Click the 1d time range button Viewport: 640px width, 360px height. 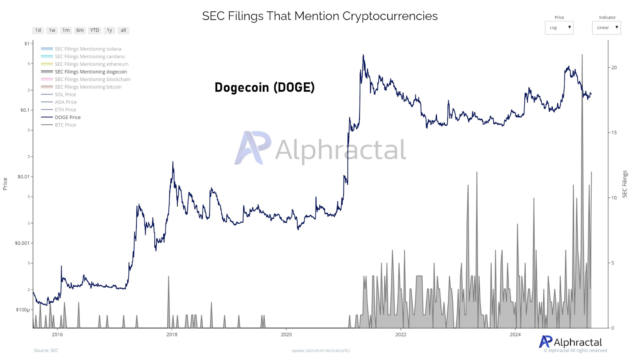(38, 30)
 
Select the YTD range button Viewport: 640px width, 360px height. (94, 30)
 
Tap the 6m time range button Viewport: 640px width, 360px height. (80, 30)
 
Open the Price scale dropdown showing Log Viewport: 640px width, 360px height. (559, 28)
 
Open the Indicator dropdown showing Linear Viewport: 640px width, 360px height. (606, 28)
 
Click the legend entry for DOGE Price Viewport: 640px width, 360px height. (68, 117)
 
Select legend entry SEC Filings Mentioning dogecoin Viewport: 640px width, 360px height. (91, 72)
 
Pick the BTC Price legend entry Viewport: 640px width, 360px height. (65, 125)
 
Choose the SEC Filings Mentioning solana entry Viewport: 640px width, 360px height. (88, 49)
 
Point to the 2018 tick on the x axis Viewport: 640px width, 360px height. (172, 334)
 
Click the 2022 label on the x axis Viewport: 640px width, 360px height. (401, 334)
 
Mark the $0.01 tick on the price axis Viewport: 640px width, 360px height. (23, 177)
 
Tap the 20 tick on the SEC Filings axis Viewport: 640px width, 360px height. (614, 68)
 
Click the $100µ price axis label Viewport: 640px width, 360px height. (23, 310)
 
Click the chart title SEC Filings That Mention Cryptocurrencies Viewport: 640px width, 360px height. (320, 16)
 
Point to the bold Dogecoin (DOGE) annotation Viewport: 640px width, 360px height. (264, 87)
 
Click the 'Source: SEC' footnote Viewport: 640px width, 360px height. (46, 350)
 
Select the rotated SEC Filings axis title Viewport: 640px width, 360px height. (625, 184)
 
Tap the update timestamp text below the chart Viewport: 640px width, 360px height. (320, 351)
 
